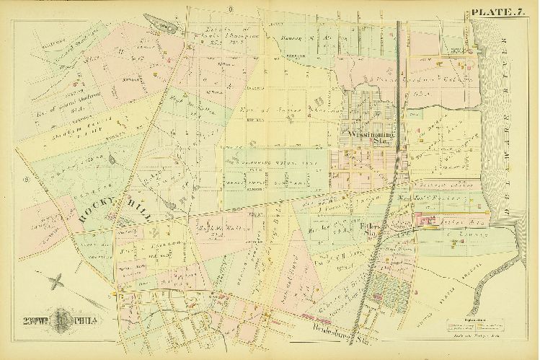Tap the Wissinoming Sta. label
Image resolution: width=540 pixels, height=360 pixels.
pos(369,138)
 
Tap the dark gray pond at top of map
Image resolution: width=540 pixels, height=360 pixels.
pos(161,25)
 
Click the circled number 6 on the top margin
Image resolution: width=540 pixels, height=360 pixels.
pos(229,9)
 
